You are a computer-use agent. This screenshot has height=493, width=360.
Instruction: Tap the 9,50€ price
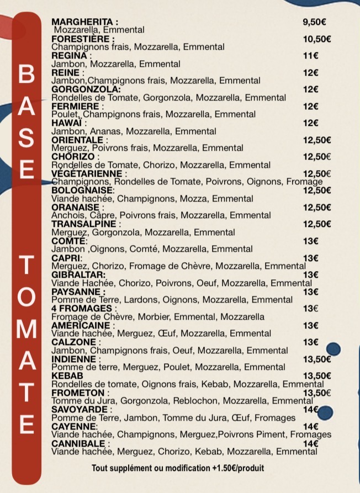pos(314,22)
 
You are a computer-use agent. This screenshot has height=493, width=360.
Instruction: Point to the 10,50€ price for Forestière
pos(317,39)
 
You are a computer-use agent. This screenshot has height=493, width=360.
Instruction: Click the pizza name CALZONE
pos(73,342)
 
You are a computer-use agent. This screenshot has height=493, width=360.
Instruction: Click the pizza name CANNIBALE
pos(78,443)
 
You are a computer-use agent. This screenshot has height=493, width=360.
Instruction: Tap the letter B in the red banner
pos(26,76)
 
